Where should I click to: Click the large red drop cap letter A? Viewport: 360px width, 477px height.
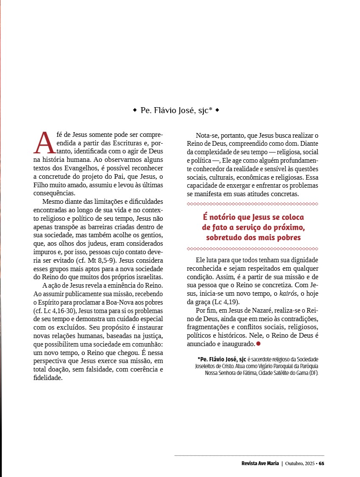pyautogui.click(x=44, y=142)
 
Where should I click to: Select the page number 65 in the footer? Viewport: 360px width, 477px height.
pyautogui.click(x=321, y=463)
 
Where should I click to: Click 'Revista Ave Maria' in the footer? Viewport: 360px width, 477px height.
pyautogui.click(x=257, y=463)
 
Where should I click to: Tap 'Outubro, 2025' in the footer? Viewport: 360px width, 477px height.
pyautogui.click(x=300, y=463)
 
